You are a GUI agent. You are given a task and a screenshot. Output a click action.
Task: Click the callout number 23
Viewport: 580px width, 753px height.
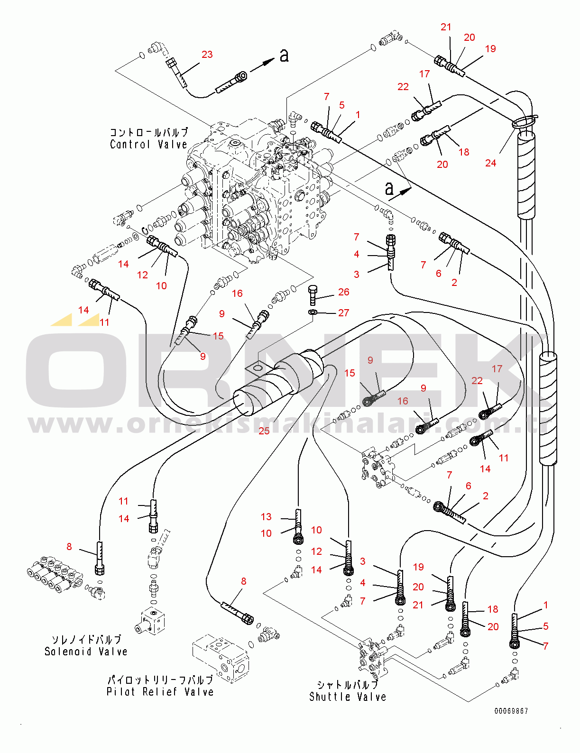coord(207,55)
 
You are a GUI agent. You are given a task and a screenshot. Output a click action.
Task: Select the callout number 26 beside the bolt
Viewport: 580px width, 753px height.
coord(344,292)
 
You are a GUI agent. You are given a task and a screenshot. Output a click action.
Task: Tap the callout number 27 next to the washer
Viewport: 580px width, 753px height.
coord(344,313)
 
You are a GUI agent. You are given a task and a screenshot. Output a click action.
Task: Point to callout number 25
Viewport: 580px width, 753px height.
coord(264,431)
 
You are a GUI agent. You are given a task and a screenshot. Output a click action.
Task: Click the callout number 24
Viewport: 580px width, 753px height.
coord(491,163)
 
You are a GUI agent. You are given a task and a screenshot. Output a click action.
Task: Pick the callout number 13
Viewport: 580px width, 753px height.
coord(266,517)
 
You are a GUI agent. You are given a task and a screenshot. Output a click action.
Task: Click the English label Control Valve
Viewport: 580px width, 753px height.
coord(148,145)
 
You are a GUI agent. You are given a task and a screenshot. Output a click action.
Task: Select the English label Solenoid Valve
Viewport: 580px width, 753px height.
coord(86,652)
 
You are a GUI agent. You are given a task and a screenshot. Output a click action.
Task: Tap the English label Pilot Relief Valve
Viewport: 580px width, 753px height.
coord(160,692)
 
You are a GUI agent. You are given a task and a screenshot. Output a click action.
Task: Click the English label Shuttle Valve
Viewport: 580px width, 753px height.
coord(348,697)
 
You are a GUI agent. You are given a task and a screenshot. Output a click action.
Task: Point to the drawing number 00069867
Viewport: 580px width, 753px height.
coord(511,711)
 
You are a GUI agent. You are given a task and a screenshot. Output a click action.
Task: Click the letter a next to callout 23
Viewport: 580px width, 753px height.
coord(284,55)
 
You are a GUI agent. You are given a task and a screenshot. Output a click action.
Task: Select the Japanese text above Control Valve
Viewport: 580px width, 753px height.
coord(148,132)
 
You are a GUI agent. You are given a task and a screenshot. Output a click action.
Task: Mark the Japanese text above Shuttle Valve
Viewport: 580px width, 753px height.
coord(348,685)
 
